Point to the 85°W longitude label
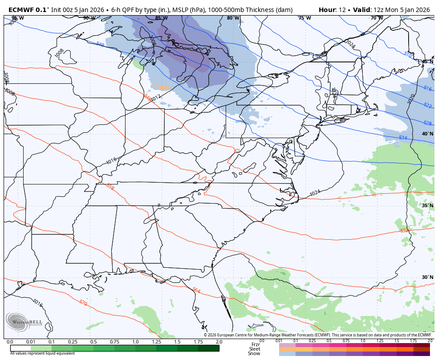point(161,18)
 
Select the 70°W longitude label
point(377,18)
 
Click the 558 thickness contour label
point(110,188)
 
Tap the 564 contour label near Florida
point(196,290)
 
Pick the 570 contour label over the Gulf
point(83,303)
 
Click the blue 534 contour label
point(402,138)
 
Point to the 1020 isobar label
point(411,99)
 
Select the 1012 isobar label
point(156,98)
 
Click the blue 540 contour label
point(100,45)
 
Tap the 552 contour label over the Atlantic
point(404,230)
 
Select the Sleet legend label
point(255,349)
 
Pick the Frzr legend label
point(255,344)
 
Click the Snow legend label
point(254,354)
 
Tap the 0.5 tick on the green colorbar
point(93,342)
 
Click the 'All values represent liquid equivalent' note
point(42,353)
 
